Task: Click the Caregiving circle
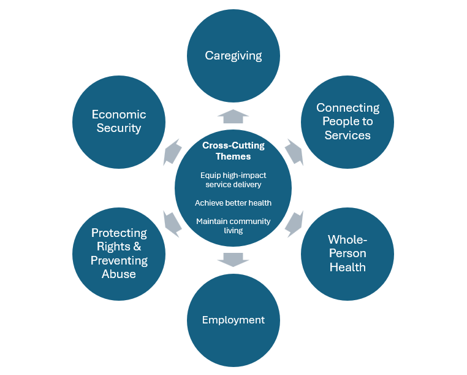pyautogui.click(x=233, y=56)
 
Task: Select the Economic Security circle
pyautogui.click(x=119, y=122)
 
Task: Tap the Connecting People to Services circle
pyautogui.click(x=347, y=122)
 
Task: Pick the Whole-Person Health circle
pyautogui.click(x=347, y=253)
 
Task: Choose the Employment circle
pyautogui.click(x=233, y=320)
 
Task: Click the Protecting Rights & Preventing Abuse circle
pyautogui.click(x=119, y=253)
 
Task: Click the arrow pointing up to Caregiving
pyautogui.click(x=233, y=115)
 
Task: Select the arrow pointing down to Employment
pyautogui.click(x=233, y=259)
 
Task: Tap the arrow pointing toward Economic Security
pyautogui.click(x=172, y=152)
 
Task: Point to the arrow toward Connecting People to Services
pyautogui.click(x=294, y=152)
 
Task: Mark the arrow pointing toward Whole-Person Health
pyautogui.click(x=295, y=223)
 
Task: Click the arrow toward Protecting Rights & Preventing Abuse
pyautogui.click(x=172, y=223)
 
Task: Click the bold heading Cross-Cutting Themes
pyautogui.click(x=233, y=151)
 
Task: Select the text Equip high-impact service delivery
pyautogui.click(x=233, y=179)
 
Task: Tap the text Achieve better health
pyautogui.click(x=233, y=203)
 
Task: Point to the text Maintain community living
pyautogui.click(x=233, y=225)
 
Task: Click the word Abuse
pyautogui.click(x=119, y=274)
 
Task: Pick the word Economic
pyautogui.click(x=119, y=114)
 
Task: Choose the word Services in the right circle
pyautogui.click(x=347, y=135)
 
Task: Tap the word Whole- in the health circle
pyautogui.click(x=347, y=239)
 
